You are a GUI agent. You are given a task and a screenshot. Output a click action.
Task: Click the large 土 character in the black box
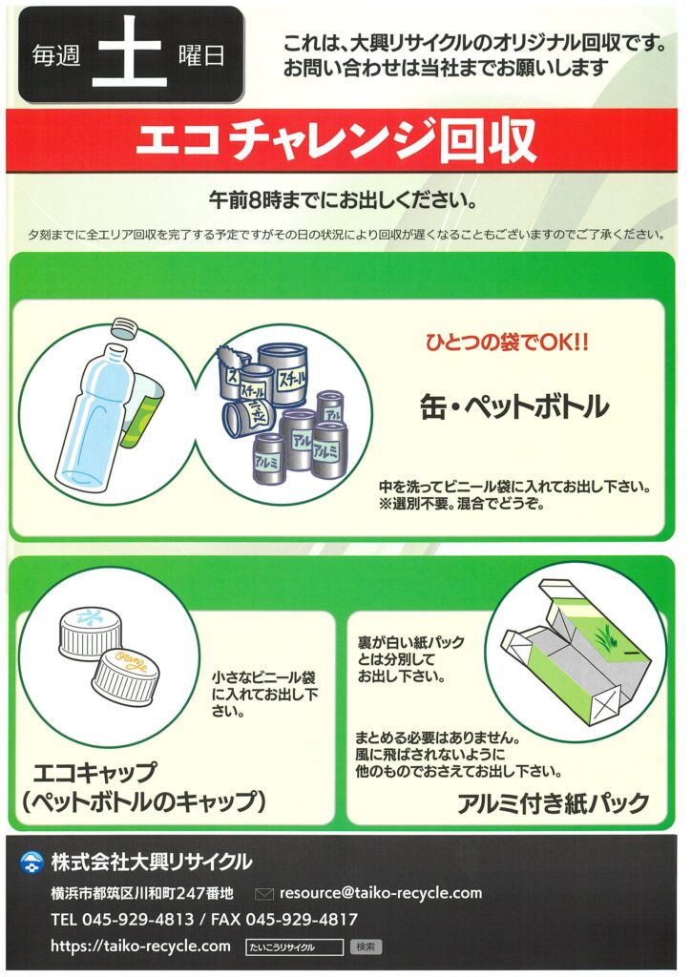click(x=130, y=53)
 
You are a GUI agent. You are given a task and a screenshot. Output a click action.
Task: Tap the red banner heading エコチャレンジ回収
click(x=336, y=139)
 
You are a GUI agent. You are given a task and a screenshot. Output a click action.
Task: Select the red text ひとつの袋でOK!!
click(x=507, y=343)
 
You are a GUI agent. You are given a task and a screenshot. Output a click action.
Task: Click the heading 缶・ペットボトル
click(x=514, y=406)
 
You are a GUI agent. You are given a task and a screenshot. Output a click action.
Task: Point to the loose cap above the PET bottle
click(x=124, y=327)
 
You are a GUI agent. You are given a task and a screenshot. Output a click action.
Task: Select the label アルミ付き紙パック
click(x=554, y=803)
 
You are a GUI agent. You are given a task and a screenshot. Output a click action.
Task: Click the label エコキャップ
click(x=94, y=773)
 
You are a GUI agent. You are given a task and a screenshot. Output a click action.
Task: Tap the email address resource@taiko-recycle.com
click(x=381, y=893)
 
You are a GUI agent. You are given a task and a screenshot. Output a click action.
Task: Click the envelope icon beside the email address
click(x=264, y=894)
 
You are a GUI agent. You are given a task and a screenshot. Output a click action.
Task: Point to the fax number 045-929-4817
click(x=302, y=919)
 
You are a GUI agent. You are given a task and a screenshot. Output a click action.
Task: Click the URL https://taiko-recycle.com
click(x=141, y=946)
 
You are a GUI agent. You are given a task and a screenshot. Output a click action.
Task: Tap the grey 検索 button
click(x=366, y=947)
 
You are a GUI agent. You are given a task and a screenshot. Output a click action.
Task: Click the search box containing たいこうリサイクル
click(x=295, y=947)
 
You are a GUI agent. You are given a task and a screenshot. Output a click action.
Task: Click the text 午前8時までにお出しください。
click(x=344, y=200)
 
